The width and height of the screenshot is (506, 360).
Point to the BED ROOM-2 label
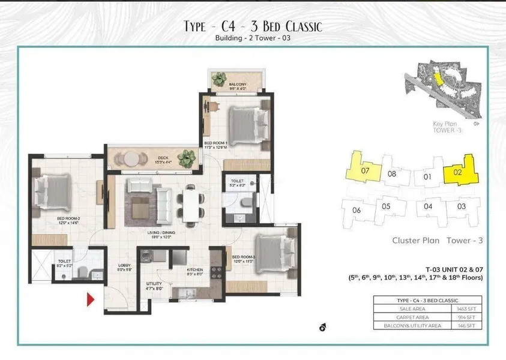coord(68,220)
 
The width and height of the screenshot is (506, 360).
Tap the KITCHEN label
coord(195,271)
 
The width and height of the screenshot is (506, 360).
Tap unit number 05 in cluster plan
coord(386,207)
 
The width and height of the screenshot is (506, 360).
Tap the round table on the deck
coord(131,158)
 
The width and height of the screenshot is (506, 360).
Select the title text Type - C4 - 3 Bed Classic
coord(253,26)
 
